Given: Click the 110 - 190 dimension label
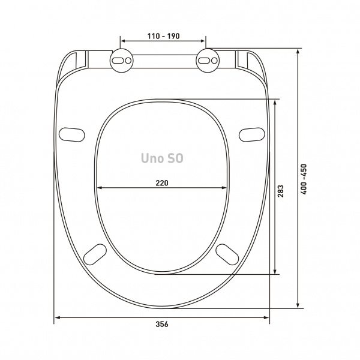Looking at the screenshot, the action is [163, 36].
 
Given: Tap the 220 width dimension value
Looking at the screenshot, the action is [162, 183].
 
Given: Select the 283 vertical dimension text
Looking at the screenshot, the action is [281, 191].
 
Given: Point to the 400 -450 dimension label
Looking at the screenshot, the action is [304, 179].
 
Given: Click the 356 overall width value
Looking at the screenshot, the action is [162, 324].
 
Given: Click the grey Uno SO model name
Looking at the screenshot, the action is [162, 158].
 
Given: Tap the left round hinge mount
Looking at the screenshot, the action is [121, 61].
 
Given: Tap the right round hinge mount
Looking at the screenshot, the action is [208, 61].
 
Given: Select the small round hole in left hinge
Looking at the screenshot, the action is [128, 61].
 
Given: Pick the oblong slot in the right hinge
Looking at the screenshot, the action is [203, 61].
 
